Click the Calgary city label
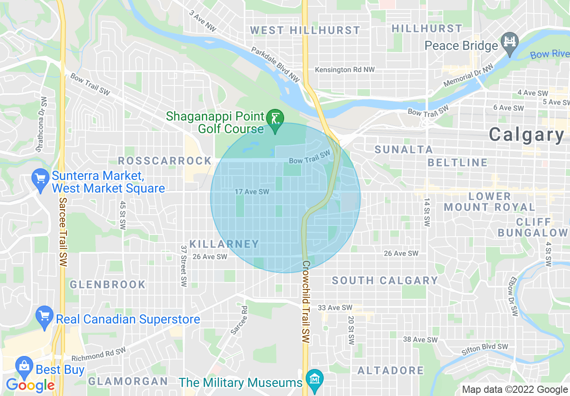526,135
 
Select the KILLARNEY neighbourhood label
224,244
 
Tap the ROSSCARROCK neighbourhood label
165,161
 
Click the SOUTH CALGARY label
385,280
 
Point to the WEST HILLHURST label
305,30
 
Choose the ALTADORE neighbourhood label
391,370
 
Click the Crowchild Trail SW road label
306,302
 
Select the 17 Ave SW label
252,192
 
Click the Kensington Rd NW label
344,70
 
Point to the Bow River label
549,54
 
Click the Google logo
30,385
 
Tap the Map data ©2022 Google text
515,390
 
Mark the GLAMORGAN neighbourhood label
128,381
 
